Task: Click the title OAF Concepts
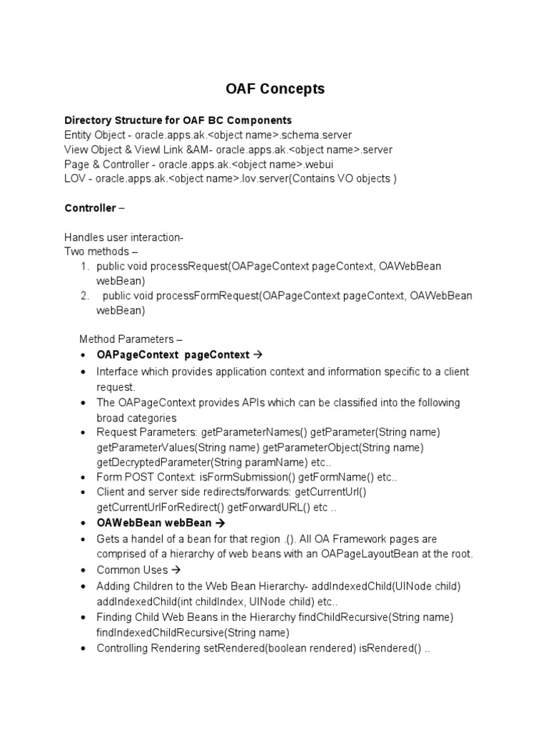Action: click(x=275, y=89)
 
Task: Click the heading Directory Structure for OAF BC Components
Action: click(x=178, y=120)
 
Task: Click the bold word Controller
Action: click(x=90, y=208)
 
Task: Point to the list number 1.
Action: click(x=83, y=267)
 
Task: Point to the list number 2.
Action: click(x=83, y=296)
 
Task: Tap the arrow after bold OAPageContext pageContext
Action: click(x=258, y=355)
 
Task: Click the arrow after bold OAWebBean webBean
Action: click(x=220, y=523)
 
